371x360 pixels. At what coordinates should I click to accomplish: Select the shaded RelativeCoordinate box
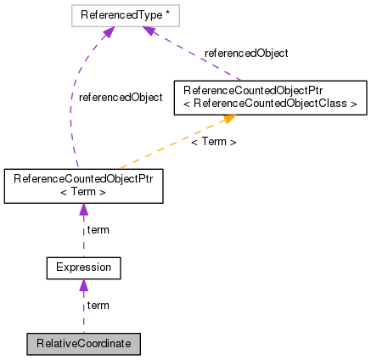[x=82, y=344]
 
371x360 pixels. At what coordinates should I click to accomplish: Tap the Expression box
[x=83, y=269]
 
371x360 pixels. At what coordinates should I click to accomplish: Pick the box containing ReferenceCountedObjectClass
[x=269, y=98]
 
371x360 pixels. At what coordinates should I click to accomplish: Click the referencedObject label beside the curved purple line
[x=120, y=98]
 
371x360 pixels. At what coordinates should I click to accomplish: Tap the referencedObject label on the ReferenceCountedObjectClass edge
[x=246, y=53]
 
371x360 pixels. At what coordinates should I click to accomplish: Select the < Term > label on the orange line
[x=213, y=142]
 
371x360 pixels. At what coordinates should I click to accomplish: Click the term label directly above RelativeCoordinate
[x=98, y=305]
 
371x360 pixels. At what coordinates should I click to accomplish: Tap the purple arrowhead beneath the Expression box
[x=83, y=286]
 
